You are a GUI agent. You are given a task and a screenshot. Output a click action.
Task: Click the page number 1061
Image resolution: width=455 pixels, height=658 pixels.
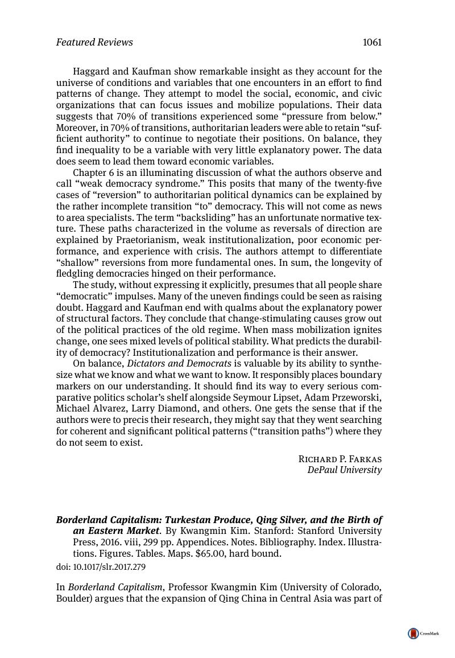371,43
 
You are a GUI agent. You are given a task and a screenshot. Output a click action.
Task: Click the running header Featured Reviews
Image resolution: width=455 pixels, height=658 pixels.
94,43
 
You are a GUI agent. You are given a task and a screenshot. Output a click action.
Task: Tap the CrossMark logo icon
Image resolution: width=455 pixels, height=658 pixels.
413,634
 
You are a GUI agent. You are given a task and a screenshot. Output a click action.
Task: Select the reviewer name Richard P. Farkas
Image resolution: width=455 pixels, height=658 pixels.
340,459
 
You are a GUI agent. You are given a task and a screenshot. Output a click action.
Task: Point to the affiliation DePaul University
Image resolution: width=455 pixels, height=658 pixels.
345,470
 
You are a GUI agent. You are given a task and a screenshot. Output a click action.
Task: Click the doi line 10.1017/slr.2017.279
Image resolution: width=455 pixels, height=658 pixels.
101,567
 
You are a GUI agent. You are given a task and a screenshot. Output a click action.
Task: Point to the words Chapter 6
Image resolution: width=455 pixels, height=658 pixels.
93,172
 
